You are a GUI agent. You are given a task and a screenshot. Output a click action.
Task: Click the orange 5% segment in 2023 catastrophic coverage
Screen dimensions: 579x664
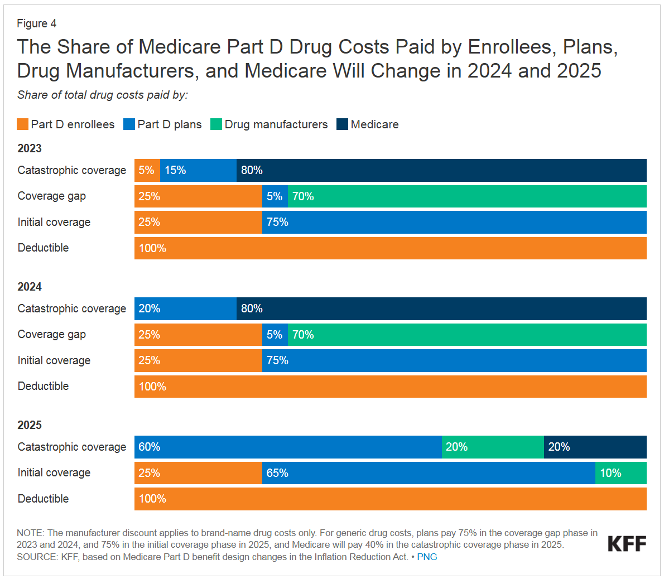[147, 170]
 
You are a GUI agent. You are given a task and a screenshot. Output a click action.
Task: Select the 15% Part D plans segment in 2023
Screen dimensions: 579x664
[198, 170]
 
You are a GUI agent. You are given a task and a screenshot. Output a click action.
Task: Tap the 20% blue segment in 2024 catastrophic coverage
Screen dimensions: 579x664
[185, 308]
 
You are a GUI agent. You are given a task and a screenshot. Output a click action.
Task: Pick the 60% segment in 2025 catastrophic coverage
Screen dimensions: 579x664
[288, 447]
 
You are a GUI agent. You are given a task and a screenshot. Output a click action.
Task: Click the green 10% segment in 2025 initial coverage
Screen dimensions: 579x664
[620, 473]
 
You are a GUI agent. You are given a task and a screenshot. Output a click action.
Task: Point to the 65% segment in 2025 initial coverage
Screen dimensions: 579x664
[429, 473]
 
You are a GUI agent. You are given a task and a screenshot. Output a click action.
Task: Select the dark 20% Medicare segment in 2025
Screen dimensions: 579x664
[595, 447]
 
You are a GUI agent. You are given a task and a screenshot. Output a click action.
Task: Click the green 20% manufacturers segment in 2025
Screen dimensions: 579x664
[493, 447]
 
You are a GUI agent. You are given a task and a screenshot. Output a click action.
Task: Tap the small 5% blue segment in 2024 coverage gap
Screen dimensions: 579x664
[275, 335]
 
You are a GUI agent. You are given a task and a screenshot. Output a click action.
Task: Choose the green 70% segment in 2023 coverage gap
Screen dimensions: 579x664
[467, 196]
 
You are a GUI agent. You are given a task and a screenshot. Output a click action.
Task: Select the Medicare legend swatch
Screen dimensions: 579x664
[342, 124]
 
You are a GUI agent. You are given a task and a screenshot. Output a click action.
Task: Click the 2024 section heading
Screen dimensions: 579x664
[30, 287]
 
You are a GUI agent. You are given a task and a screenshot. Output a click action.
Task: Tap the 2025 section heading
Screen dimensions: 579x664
[30, 425]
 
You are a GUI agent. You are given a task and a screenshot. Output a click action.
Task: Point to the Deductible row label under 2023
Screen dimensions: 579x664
[43, 248]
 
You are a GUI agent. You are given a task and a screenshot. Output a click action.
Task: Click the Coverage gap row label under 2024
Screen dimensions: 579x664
[51, 334]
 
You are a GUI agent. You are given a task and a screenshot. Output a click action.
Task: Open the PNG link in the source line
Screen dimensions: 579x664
[427, 557]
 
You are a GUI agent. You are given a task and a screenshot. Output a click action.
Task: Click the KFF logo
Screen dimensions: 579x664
[627, 543]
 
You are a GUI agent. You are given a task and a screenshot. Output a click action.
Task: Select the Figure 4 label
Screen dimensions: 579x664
[36, 23]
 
